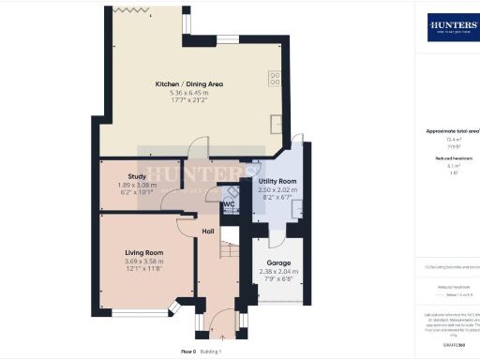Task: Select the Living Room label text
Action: click(x=144, y=252)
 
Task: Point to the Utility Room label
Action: click(x=277, y=180)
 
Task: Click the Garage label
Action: click(x=277, y=263)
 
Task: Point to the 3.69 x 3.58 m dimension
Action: click(x=144, y=261)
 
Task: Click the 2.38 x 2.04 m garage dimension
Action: click(x=277, y=272)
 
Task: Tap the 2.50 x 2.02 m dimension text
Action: click(x=277, y=188)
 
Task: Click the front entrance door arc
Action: click(x=219, y=320)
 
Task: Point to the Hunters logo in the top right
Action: click(x=453, y=25)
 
